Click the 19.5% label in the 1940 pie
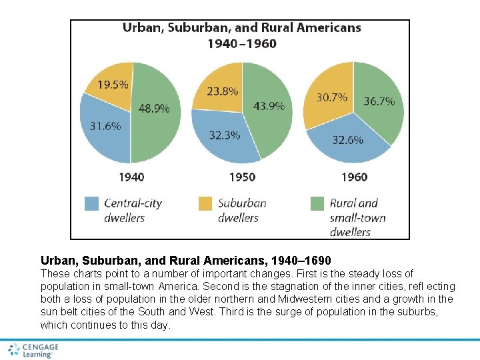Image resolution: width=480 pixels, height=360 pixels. [x=114, y=85]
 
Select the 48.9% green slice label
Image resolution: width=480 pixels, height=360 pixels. [x=154, y=107]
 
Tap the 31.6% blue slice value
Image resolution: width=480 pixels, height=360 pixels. [x=105, y=126]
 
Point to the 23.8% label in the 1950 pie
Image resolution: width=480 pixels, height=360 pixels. [x=223, y=92]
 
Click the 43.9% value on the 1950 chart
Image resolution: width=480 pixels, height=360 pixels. [x=269, y=106]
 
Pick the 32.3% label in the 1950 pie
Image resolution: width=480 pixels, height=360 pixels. [x=225, y=135]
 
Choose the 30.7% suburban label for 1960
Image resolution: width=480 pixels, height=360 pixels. [x=331, y=97]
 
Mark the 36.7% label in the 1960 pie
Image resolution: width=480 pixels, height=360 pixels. [x=379, y=101]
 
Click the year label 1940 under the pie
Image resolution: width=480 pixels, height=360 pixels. [x=131, y=177]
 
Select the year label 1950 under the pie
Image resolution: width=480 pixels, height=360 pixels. [x=242, y=177]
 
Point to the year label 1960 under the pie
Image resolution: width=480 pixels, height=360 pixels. [x=354, y=177]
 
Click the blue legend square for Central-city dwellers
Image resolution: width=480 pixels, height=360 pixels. [x=91, y=203]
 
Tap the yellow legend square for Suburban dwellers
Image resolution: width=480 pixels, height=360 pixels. [x=205, y=203]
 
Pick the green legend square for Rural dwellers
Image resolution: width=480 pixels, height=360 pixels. [x=317, y=203]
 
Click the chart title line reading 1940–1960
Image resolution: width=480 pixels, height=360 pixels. [x=241, y=44]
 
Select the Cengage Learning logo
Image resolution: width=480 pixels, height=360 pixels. [x=33, y=350]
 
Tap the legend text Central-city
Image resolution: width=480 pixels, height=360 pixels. [x=133, y=203]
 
